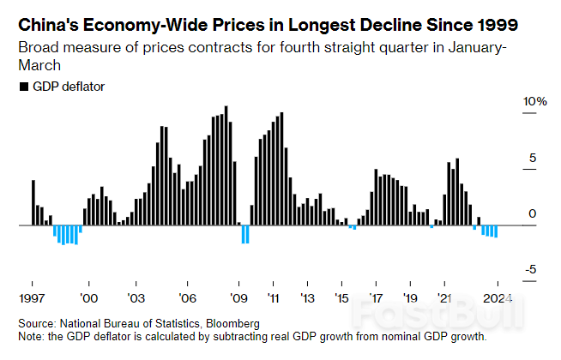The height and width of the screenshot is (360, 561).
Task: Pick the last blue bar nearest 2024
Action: point(496,231)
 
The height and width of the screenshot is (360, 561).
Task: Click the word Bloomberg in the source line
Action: point(231,324)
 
